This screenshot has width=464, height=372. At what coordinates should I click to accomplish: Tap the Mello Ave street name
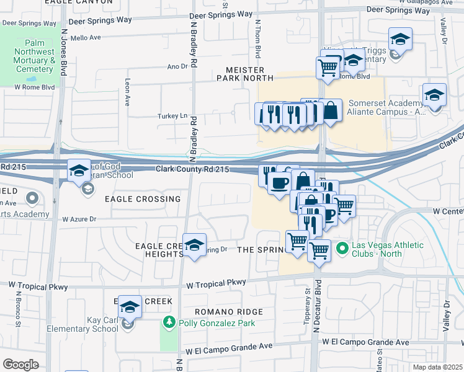(84, 37)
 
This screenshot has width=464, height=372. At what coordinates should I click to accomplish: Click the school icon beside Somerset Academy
(435, 96)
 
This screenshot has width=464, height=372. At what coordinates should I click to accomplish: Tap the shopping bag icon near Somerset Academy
(331, 112)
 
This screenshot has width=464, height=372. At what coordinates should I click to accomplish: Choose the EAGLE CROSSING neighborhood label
(143, 199)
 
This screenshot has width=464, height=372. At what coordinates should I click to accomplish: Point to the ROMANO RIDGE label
(228, 312)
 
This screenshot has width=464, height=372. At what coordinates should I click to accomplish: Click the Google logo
(20, 365)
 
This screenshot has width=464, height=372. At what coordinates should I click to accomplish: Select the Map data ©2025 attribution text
(437, 367)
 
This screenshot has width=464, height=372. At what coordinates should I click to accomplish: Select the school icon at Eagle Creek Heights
(194, 245)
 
